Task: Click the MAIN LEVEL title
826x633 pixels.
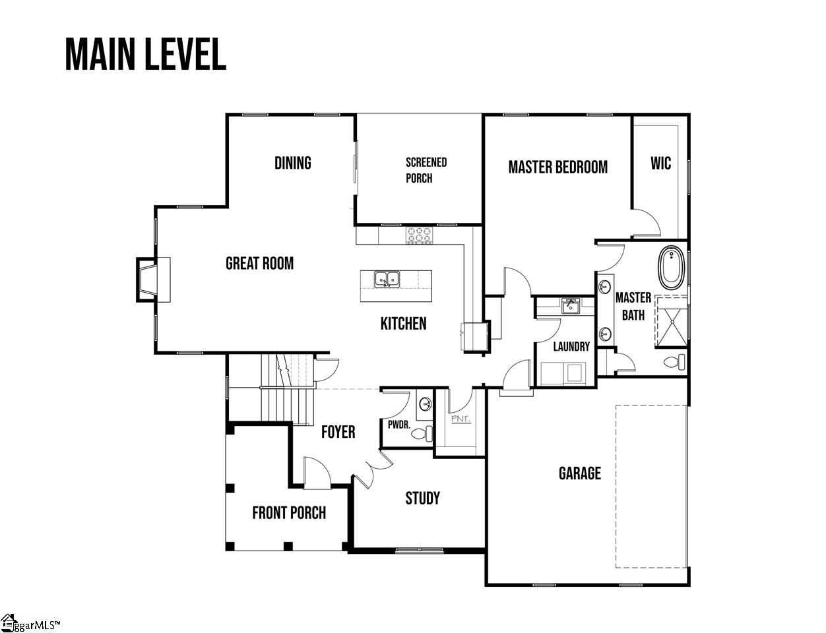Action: tap(146, 54)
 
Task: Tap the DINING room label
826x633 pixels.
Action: tap(292, 163)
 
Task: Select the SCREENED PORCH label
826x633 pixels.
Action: tap(426, 170)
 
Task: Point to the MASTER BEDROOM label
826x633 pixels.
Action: tap(557, 167)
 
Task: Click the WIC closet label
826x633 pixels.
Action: tap(660, 163)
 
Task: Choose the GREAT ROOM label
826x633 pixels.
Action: tap(259, 264)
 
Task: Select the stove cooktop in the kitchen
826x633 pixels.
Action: tap(419, 235)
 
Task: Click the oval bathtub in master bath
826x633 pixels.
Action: tap(672, 267)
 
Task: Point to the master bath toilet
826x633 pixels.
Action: tap(675, 362)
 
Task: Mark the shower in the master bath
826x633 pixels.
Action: tap(671, 321)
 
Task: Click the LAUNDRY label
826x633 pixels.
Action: tap(571, 346)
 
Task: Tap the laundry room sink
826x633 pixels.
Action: tap(570, 306)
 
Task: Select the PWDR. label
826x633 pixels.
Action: tap(398, 425)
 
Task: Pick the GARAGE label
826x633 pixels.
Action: tap(579, 473)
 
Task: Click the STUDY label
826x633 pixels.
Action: tap(422, 498)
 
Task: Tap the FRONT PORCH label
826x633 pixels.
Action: tap(289, 512)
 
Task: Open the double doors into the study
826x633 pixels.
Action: tap(373, 469)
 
